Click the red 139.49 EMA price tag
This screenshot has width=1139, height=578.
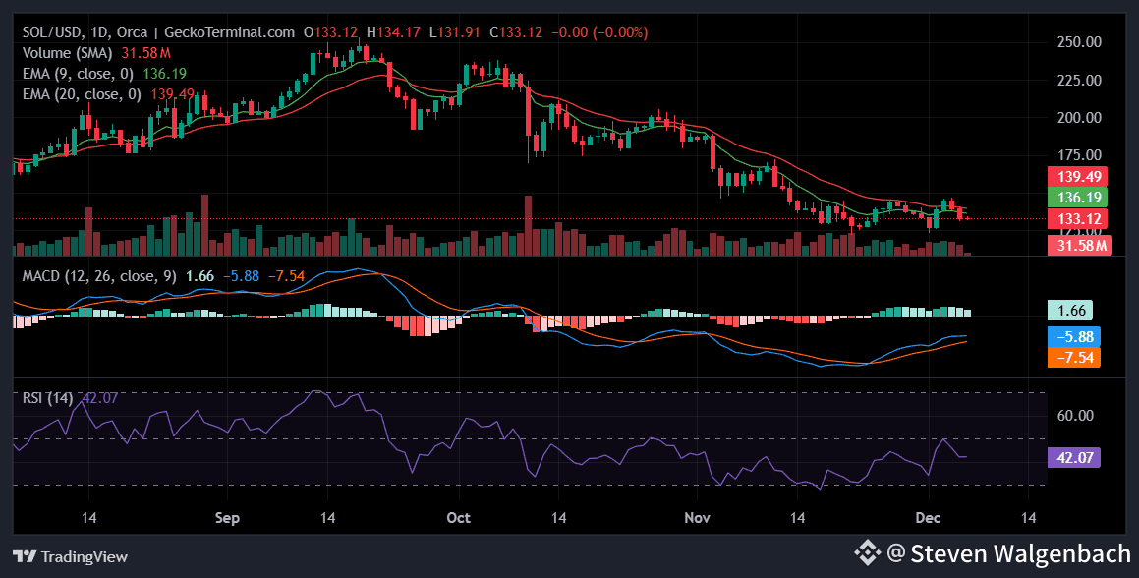[x=1077, y=176]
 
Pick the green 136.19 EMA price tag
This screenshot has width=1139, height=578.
[x=1077, y=197]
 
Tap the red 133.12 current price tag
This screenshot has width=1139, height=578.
[x=1077, y=218]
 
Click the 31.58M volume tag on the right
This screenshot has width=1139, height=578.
[x=1077, y=245]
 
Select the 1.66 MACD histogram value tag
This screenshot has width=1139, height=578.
[x=1070, y=311]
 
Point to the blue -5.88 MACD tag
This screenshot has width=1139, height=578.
[x=1073, y=335]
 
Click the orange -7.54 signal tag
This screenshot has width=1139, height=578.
[x=1073, y=356]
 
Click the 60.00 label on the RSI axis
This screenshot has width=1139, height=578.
[x=1070, y=415]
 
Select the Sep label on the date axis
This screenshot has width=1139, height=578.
[x=227, y=517]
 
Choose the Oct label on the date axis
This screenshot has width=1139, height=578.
[x=458, y=517]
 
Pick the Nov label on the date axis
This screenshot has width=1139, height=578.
[x=697, y=517]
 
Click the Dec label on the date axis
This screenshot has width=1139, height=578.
[x=929, y=517]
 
